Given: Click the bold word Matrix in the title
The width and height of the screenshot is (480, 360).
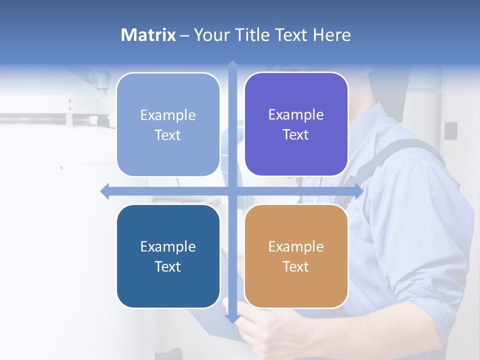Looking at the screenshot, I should click(x=148, y=35).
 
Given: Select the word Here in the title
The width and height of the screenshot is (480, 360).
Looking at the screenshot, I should click(x=332, y=35).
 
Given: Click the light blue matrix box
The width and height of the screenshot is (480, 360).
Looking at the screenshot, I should click(x=168, y=124).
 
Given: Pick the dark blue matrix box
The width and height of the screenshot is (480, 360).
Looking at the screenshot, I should click(x=168, y=256).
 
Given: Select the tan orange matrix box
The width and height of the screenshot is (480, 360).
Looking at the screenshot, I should click(x=296, y=256).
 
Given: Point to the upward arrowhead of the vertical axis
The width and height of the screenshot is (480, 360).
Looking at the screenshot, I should click(x=232, y=65).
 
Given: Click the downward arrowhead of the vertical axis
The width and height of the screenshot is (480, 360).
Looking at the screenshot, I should click(x=232, y=318).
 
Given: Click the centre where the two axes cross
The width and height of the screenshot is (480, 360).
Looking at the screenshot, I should click(x=232, y=191).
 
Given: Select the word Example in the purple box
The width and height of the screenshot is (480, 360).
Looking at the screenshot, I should click(x=296, y=114).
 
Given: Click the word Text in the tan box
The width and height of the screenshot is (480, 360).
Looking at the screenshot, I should click(x=296, y=266).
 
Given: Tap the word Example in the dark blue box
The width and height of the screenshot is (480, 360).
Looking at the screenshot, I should click(x=168, y=246).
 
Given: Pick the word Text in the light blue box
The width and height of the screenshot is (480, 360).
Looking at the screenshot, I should click(x=168, y=135).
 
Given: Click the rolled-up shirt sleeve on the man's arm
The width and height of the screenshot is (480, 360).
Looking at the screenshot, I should click(x=425, y=280).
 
